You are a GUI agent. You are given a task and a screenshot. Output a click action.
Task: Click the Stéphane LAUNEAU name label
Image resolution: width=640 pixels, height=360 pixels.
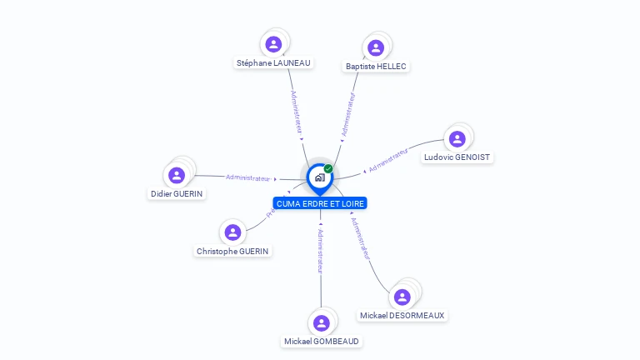(273, 62)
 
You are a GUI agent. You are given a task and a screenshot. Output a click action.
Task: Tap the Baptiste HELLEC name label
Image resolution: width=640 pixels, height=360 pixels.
(377, 66)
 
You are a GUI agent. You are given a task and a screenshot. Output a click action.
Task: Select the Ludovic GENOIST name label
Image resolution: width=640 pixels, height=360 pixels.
(457, 157)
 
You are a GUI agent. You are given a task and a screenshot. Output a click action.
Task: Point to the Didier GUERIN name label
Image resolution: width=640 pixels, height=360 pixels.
(177, 193)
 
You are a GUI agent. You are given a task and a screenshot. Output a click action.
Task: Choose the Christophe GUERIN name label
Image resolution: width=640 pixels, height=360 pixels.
(233, 251)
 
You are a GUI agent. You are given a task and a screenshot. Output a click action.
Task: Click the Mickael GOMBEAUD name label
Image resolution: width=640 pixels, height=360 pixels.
(322, 341)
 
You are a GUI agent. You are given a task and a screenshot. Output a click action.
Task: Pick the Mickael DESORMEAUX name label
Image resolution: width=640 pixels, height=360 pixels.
(402, 316)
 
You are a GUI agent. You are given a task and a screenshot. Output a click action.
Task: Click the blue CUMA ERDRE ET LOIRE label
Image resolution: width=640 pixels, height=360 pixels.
(320, 203)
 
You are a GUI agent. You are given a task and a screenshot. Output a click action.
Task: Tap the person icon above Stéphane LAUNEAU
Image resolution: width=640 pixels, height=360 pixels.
(273, 43)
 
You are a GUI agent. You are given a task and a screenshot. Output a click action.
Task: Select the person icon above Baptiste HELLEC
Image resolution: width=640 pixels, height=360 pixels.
(376, 47)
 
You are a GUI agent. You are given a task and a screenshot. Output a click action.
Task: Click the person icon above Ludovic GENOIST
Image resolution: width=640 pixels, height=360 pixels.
(457, 138)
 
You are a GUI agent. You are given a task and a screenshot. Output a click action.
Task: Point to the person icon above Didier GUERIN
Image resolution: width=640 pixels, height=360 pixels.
(177, 175)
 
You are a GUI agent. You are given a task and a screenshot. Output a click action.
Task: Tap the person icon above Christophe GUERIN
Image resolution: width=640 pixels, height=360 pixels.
(233, 232)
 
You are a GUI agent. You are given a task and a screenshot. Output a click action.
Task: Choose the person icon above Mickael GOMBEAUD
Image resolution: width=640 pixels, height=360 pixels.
(322, 322)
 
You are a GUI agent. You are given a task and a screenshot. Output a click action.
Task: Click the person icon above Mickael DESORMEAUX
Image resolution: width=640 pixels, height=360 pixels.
(402, 297)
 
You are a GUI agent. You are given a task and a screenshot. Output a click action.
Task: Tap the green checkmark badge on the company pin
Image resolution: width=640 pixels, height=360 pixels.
(328, 169)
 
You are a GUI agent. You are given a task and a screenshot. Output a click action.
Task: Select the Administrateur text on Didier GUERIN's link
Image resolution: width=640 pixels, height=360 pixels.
(248, 177)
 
